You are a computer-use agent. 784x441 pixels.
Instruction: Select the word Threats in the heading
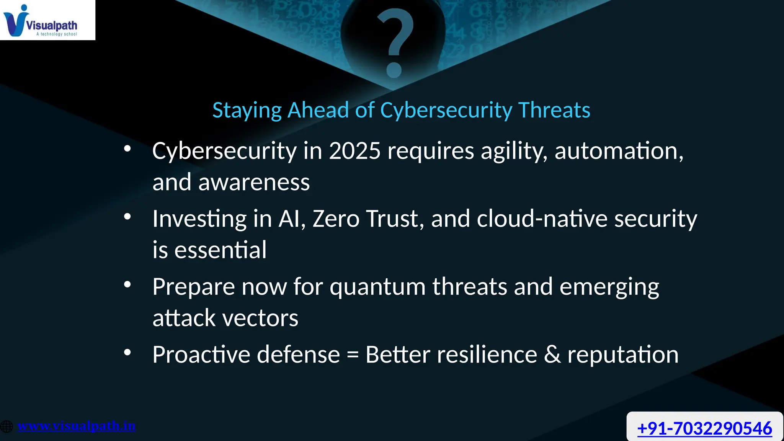(x=554, y=110)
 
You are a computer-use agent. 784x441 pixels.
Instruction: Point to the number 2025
(x=354, y=151)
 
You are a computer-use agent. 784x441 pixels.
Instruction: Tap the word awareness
(x=254, y=182)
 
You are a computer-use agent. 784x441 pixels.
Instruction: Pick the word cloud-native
(x=542, y=219)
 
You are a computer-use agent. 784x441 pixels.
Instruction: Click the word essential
(x=220, y=250)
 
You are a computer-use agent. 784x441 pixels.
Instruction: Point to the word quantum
(x=377, y=287)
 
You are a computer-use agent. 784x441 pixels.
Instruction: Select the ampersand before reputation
(x=552, y=354)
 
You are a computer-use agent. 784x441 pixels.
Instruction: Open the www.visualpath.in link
(x=77, y=426)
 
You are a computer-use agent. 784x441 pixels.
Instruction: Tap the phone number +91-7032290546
(x=704, y=428)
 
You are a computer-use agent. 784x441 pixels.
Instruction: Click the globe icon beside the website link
(x=7, y=426)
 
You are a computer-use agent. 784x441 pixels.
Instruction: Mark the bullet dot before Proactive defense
(x=127, y=352)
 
